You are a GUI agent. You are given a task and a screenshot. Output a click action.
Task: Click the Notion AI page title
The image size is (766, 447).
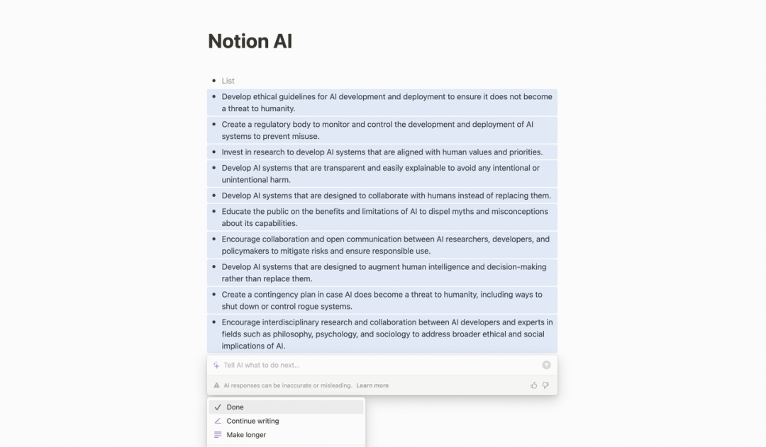tap(250, 41)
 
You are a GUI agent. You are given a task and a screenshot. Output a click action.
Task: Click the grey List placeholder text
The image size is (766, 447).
tap(228, 81)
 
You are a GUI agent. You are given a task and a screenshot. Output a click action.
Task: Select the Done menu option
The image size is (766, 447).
tap(235, 407)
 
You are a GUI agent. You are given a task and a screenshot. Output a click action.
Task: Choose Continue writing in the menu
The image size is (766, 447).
tap(252, 421)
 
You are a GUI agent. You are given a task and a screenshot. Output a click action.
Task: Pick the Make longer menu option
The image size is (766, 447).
tap(246, 435)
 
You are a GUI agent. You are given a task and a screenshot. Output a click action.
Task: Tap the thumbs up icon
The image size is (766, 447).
tap(533, 385)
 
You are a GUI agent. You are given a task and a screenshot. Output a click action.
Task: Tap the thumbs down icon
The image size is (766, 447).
tap(545, 385)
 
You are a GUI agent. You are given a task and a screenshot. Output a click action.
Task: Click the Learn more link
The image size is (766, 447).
tap(372, 385)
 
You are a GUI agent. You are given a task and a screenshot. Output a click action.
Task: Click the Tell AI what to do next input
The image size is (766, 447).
tap(355, 365)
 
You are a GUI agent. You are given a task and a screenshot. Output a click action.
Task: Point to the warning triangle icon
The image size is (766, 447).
tap(217, 385)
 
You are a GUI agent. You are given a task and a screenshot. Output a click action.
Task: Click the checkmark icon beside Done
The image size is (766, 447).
tap(218, 407)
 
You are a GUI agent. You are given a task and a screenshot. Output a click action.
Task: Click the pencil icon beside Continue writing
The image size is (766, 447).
tap(218, 421)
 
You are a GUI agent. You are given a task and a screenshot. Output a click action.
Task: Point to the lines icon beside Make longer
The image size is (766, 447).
tap(218, 435)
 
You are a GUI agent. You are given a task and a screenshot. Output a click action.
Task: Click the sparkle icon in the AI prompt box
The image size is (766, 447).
tap(216, 366)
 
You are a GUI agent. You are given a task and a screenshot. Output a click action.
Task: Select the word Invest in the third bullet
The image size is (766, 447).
tap(232, 152)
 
